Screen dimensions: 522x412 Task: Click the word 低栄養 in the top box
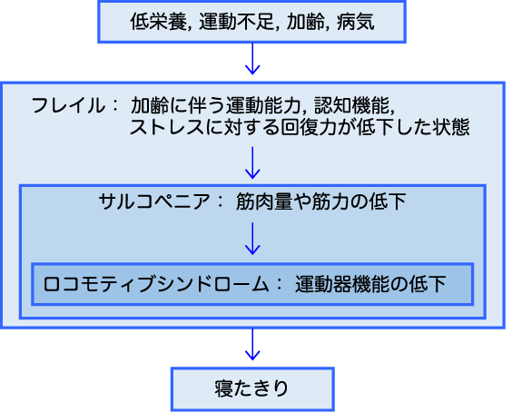point(159,22)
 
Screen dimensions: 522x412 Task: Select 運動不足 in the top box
point(237,22)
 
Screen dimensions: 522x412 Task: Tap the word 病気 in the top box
point(355,22)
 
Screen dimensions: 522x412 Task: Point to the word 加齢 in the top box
point(306,22)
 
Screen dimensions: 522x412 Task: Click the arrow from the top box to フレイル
point(252,59)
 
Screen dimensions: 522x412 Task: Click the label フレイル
point(68,105)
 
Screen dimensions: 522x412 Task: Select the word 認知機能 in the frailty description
point(351,105)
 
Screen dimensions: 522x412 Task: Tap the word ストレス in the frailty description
point(167,127)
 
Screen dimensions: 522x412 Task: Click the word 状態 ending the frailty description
point(451,127)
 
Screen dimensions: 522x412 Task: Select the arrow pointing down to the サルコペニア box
point(252,162)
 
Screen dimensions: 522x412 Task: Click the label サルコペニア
point(154,201)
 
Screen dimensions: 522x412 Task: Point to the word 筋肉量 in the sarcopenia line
point(264,201)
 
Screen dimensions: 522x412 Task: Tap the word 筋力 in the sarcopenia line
point(330,201)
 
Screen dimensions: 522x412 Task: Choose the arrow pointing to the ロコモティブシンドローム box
point(252,239)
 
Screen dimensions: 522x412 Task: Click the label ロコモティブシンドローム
point(156,285)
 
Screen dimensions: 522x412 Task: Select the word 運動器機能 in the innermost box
point(342,285)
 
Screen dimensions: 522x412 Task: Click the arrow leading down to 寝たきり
point(252,344)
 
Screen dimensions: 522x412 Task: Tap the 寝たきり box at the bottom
point(252,389)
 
